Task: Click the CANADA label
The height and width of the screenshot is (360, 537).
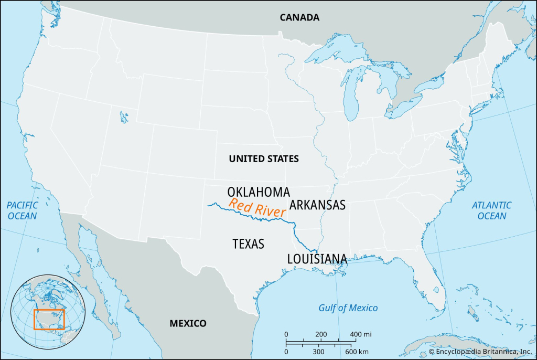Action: [x=299, y=17]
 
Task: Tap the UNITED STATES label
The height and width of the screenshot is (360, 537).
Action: [x=264, y=158]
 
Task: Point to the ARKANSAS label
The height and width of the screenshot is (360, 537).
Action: [x=317, y=205]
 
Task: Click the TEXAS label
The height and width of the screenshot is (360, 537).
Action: [x=248, y=243]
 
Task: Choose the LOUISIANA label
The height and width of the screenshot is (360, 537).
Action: [x=317, y=259]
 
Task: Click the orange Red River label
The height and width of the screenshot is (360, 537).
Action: [x=257, y=208]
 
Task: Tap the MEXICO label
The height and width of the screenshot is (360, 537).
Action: [x=188, y=323]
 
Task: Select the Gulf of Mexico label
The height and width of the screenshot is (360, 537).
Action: [x=348, y=308]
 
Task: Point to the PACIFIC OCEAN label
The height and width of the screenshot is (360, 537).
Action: [x=22, y=210]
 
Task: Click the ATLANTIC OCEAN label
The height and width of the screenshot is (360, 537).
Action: [x=492, y=210]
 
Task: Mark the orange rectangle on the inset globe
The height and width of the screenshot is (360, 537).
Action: [x=49, y=319]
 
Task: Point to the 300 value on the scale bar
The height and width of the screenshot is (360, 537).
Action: [x=318, y=351]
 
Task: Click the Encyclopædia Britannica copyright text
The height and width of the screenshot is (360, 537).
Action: [x=480, y=351]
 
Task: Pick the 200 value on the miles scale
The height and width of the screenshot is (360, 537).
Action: [x=321, y=334]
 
